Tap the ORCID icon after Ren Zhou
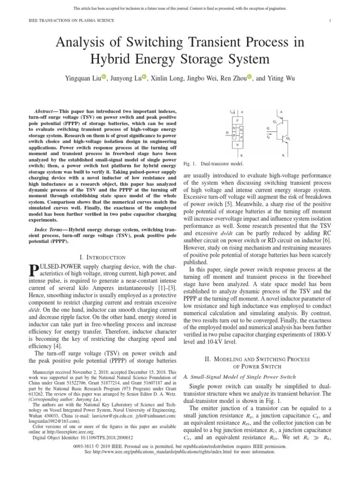[x=249, y=77]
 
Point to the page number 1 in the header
[x=330, y=21]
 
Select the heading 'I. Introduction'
[x=103, y=257]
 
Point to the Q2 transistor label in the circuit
[x=301, y=139]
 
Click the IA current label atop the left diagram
[x=232, y=112]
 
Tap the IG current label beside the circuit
[x=268, y=137]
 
